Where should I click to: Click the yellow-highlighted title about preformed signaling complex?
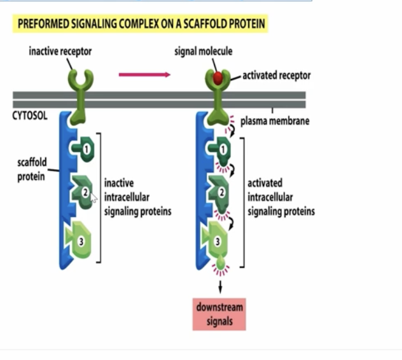tap(140, 25)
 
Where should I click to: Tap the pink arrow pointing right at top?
tap(144, 74)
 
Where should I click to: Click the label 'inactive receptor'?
tap(60, 52)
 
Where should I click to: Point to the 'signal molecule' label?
tap(204, 52)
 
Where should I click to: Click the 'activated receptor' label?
tap(276, 76)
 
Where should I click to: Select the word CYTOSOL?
tap(30, 117)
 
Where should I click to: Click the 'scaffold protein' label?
tap(31, 169)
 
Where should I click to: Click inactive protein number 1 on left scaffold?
tap(83, 148)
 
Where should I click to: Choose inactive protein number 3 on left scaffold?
tap(81, 240)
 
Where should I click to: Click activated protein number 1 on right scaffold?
tap(220, 150)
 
